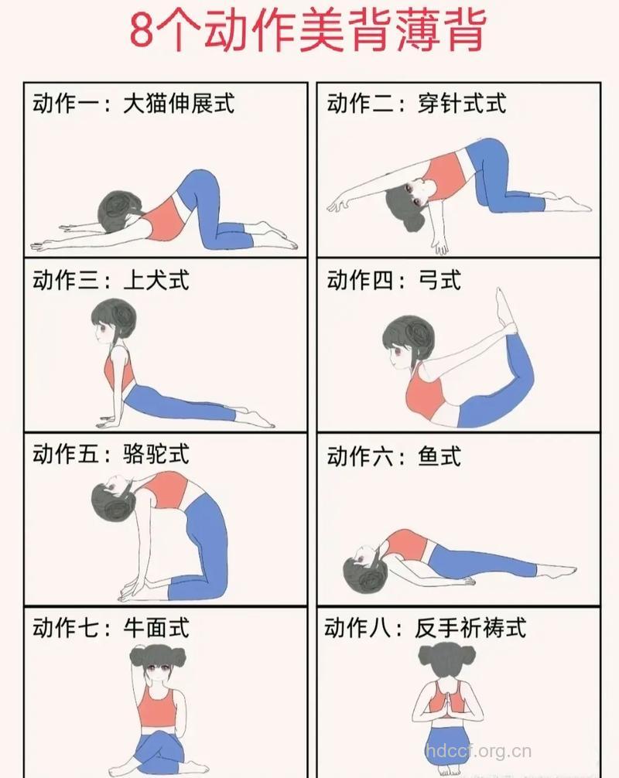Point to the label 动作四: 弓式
[394, 279]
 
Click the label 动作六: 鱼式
[394, 456]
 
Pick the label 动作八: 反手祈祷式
[426, 627]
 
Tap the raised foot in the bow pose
[505, 310]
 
